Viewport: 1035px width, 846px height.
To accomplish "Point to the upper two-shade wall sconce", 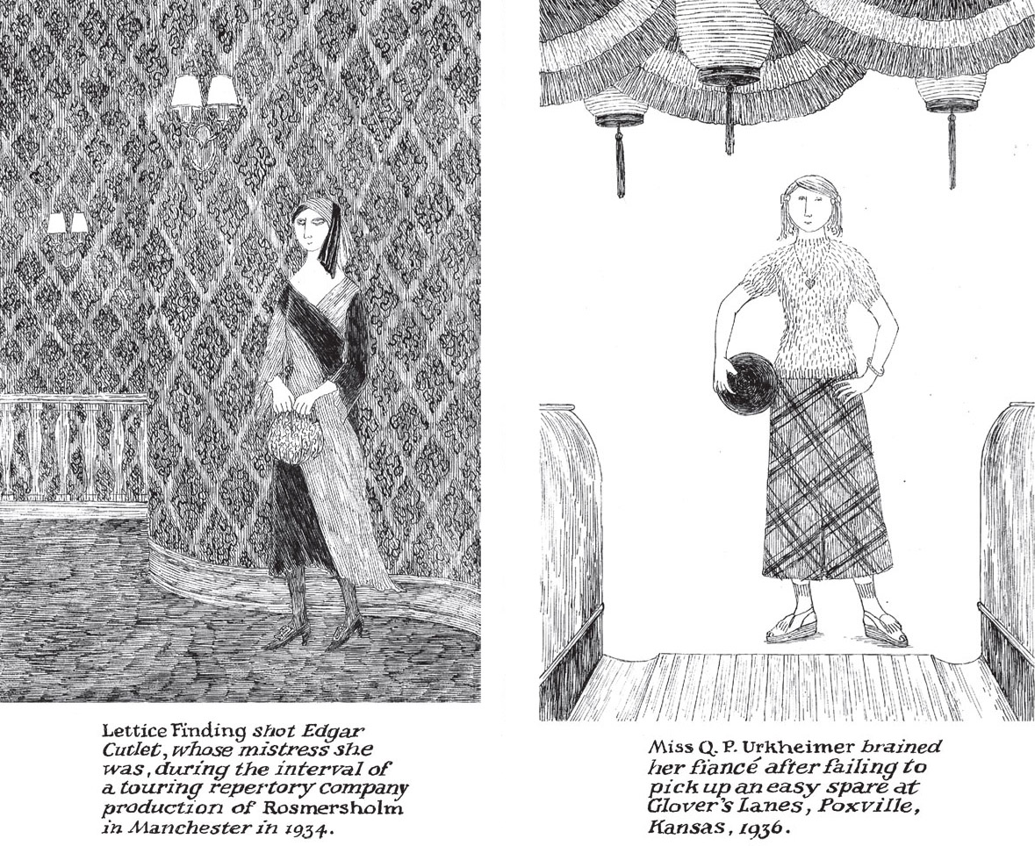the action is tap(204, 109).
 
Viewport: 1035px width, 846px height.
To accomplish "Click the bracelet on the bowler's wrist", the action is tap(875, 366).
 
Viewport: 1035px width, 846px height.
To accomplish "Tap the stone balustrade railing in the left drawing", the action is tap(73, 448).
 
